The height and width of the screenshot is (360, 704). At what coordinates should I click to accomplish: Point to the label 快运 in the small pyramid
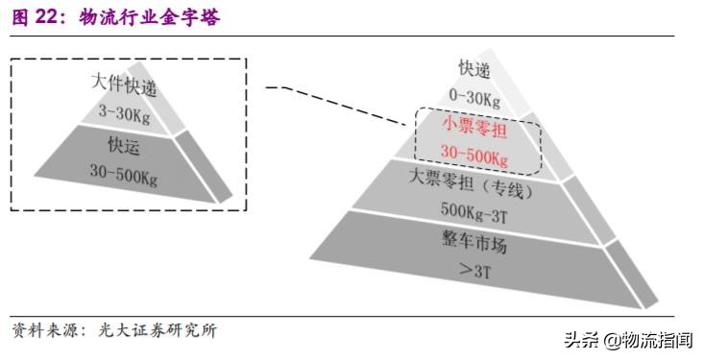click(124, 145)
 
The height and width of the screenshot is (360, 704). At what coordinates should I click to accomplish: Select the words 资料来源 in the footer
click(43, 332)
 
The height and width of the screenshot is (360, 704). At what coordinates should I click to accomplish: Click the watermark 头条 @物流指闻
click(633, 339)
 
